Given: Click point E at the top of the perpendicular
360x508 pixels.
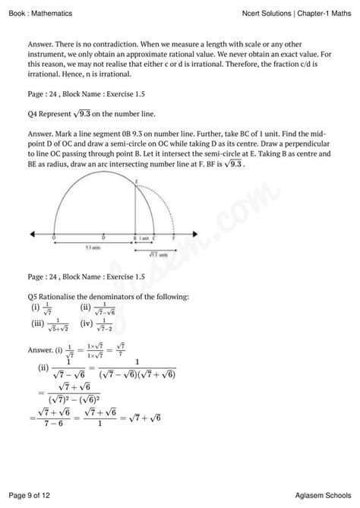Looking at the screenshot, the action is [x=135, y=181].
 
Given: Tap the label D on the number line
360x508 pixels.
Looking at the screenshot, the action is [x=103, y=238].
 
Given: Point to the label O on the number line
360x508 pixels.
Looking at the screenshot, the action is [x=54, y=238].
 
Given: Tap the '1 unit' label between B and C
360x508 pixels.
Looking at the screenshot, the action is [x=144, y=238].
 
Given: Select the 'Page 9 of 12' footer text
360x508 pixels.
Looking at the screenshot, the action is [x=34, y=496].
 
